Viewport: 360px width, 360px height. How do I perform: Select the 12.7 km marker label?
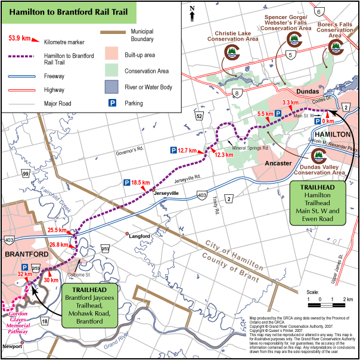click(x=191, y=150)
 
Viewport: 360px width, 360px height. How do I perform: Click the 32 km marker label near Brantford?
click(x=25, y=274)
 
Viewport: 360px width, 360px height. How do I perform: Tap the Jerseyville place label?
click(x=166, y=194)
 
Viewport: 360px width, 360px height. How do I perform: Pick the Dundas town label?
click(x=306, y=91)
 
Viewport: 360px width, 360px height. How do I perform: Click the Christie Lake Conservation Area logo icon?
click(x=231, y=52)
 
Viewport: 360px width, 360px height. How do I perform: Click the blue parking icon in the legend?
click(x=111, y=103)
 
